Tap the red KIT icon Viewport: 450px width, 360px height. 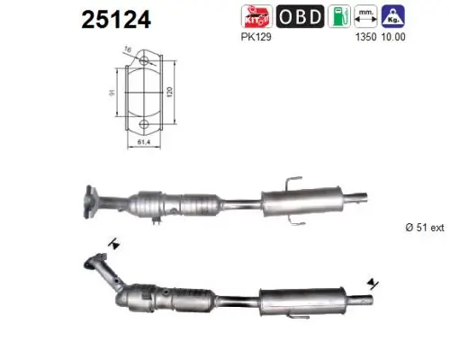(x=256, y=16)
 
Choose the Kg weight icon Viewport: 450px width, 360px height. (x=391, y=16)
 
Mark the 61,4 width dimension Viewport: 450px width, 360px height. (x=144, y=141)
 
